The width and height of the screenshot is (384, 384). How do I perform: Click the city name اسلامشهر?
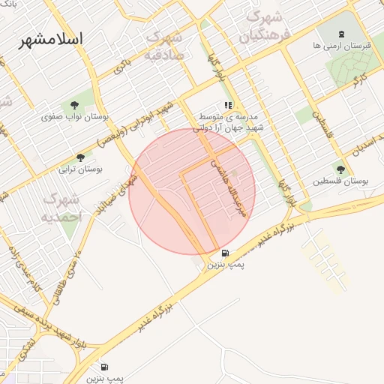coord(52,39)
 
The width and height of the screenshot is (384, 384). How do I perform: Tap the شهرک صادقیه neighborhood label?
coord(165,46)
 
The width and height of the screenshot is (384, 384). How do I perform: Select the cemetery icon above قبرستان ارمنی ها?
coord(342,33)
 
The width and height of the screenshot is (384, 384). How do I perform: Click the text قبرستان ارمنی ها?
coord(342,46)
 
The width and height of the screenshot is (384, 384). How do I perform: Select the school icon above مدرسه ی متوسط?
coord(228,106)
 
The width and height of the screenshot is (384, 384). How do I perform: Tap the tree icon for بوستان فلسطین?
coord(341,169)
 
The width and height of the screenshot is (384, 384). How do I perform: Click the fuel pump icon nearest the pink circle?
coord(226,253)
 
